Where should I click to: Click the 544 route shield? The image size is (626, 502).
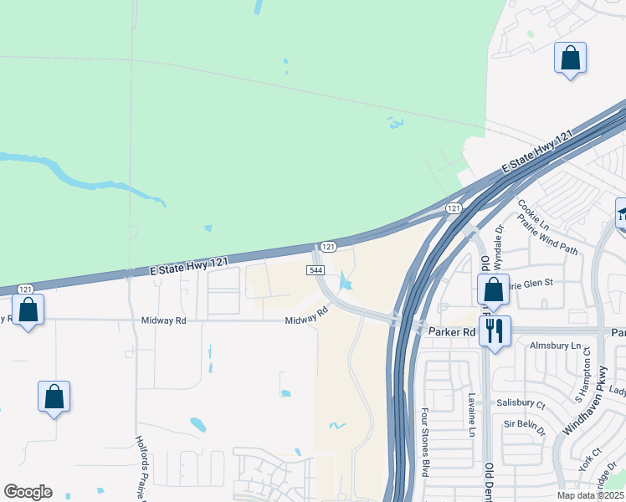coord(316,270)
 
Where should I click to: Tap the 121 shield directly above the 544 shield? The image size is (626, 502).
coord(328,246)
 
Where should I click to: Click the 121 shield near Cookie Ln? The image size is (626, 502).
coord(453,207)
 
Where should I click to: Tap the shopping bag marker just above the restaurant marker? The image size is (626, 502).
coord(494,289)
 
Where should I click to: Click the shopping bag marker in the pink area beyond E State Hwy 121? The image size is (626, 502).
coord(570,58)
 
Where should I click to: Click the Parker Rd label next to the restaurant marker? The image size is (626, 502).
coord(452,332)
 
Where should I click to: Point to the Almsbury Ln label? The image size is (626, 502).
coord(555,346)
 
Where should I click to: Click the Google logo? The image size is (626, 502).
coord(28,492)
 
